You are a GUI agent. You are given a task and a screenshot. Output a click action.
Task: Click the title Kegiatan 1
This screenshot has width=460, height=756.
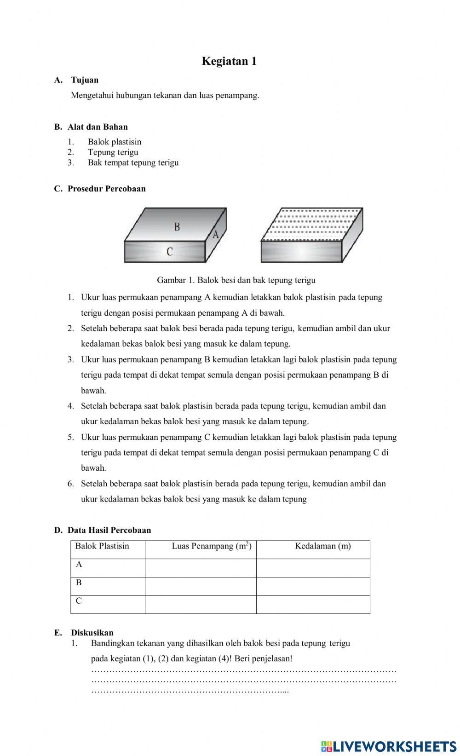coord(229,61)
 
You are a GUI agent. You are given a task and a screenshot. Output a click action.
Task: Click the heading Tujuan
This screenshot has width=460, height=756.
coord(85,80)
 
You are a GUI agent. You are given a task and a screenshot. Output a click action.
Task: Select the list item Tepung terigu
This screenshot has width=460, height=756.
coord(113,152)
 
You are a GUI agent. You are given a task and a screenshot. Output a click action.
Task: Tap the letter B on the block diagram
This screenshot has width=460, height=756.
coord(177,226)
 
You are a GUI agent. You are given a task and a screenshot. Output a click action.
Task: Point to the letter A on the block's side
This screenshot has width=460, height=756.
coord(215,234)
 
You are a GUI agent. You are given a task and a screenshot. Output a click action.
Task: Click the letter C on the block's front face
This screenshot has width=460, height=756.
coord(170,252)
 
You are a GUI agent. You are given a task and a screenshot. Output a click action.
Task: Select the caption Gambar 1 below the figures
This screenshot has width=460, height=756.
coord(236,280)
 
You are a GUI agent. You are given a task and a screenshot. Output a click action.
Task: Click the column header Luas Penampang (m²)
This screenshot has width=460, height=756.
coord(212,546)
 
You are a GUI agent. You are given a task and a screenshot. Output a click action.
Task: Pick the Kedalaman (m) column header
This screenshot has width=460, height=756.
coord(323,546)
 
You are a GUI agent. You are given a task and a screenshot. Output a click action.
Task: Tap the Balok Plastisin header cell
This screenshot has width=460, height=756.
coord(102,546)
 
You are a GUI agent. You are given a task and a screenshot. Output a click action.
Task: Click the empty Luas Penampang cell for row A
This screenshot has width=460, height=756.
coord(201,568)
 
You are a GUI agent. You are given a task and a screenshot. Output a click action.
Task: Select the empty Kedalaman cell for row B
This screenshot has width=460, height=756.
coord(313,586)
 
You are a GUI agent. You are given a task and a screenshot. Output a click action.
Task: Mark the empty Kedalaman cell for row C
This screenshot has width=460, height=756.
coord(313,605)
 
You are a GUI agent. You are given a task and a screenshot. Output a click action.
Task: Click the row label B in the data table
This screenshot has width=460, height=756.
coord(79,583)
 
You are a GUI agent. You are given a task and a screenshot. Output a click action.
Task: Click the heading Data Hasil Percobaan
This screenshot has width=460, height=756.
coord(109,530)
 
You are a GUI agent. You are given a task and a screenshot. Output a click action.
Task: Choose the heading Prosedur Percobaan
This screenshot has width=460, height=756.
coord(106,189)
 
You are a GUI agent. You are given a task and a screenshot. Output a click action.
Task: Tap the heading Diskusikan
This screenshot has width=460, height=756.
coord(92,633)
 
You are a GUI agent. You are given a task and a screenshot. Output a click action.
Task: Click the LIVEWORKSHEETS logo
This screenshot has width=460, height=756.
coord(389,746)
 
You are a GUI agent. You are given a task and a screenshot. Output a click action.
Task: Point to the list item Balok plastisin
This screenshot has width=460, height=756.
coord(115,142)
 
